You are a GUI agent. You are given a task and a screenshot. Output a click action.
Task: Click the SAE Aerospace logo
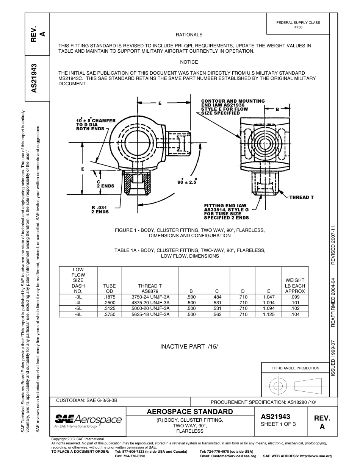(x=88, y=421)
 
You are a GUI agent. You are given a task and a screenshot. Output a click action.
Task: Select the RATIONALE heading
(x=189, y=35)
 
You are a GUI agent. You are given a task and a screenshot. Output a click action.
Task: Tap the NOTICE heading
(x=189, y=62)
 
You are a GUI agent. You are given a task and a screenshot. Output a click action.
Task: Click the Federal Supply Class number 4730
(x=298, y=28)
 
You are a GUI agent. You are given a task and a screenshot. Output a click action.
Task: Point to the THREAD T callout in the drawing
(x=302, y=197)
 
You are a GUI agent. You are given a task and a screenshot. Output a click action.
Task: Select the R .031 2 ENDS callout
(x=100, y=209)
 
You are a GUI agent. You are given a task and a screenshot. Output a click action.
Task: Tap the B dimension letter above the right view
(x=277, y=109)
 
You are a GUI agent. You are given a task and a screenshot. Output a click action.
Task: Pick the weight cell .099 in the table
(x=295, y=297)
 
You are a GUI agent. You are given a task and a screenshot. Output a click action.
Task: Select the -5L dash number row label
(x=78, y=309)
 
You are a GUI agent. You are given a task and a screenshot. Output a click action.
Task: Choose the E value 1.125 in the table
(x=268, y=314)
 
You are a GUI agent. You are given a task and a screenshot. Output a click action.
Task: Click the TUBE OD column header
(x=110, y=289)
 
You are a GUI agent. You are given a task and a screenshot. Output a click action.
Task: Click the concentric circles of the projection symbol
(x=278, y=386)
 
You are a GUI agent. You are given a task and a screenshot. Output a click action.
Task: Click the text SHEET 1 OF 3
(x=278, y=424)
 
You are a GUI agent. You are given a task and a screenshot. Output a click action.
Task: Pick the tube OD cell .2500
(x=110, y=303)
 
